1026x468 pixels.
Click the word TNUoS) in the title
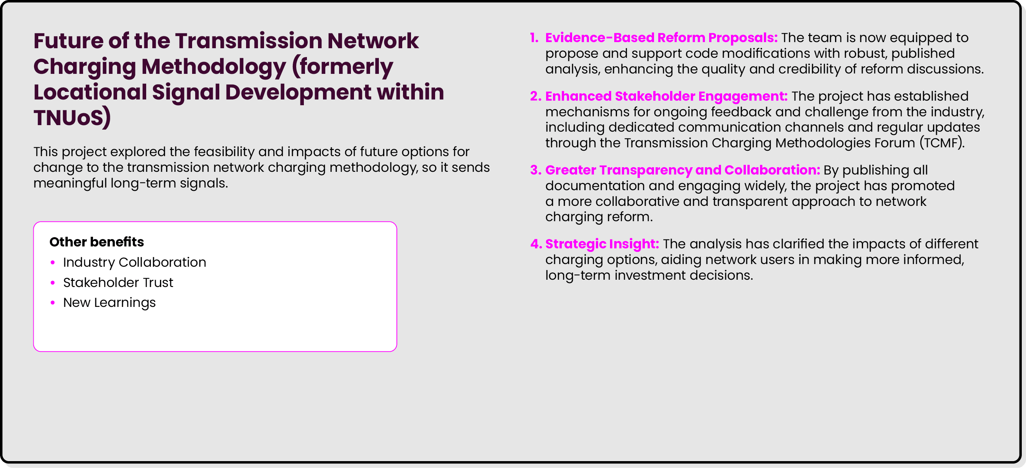[x=72, y=118]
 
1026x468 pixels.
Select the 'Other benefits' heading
[x=96, y=242]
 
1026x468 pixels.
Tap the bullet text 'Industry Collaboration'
[x=134, y=262]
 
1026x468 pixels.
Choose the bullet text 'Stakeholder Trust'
[x=118, y=282]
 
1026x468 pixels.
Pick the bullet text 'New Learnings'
[x=109, y=303]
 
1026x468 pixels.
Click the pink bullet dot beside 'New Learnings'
[x=52, y=303]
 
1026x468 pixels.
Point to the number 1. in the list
[x=534, y=38]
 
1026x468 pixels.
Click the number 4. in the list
[x=536, y=244]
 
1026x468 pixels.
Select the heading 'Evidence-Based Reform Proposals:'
[x=661, y=38]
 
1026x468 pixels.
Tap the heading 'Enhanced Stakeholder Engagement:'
[x=666, y=96]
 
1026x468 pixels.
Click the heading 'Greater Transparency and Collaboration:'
[x=682, y=170]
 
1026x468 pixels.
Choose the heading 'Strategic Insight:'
[x=602, y=244]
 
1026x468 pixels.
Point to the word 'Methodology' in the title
[x=214, y=67]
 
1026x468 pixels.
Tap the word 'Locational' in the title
[x=90, y=92]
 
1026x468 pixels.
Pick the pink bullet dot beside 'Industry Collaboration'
[x=52, y=262]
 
